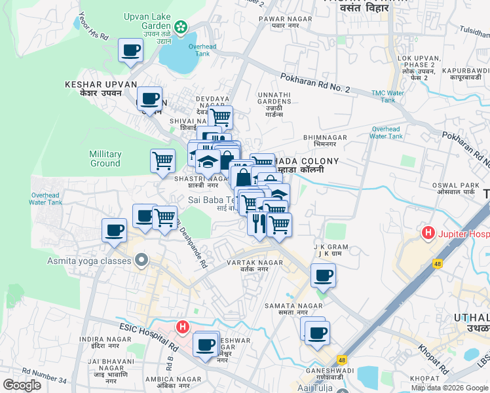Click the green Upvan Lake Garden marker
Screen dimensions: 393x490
[181, 28]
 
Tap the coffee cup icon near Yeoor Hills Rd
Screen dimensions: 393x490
[130, 50]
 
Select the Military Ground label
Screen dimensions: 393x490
[105, 159]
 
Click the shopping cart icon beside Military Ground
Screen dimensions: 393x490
[162, 160]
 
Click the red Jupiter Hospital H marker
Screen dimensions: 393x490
[428, 233]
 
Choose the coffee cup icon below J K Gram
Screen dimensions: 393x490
[322, 275]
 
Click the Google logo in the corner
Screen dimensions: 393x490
[22, 385]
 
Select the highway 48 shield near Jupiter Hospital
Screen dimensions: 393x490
[437, 263]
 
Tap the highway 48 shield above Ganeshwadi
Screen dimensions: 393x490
[342, 360]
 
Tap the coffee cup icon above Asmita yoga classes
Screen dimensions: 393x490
[114, 230]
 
